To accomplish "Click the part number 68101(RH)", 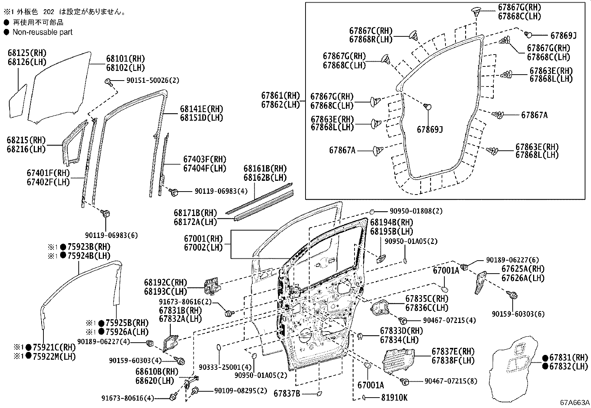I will coord(125,59).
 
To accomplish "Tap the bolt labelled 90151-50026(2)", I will coord(108,82).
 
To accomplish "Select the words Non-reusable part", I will coord(42,32).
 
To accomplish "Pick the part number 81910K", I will coord(394,398).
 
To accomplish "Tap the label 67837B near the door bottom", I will coord(287,393).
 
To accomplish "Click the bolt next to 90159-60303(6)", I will coord(514,296).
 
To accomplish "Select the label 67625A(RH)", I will coord(522,269).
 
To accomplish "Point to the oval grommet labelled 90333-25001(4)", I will coord(219,347).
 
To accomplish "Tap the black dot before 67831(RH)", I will coord(545,358).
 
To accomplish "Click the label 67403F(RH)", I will coord(205,160).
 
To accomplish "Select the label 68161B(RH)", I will coord(265,169).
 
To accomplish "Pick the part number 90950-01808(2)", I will coord(411,211).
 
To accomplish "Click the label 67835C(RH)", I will coord(427,299).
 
